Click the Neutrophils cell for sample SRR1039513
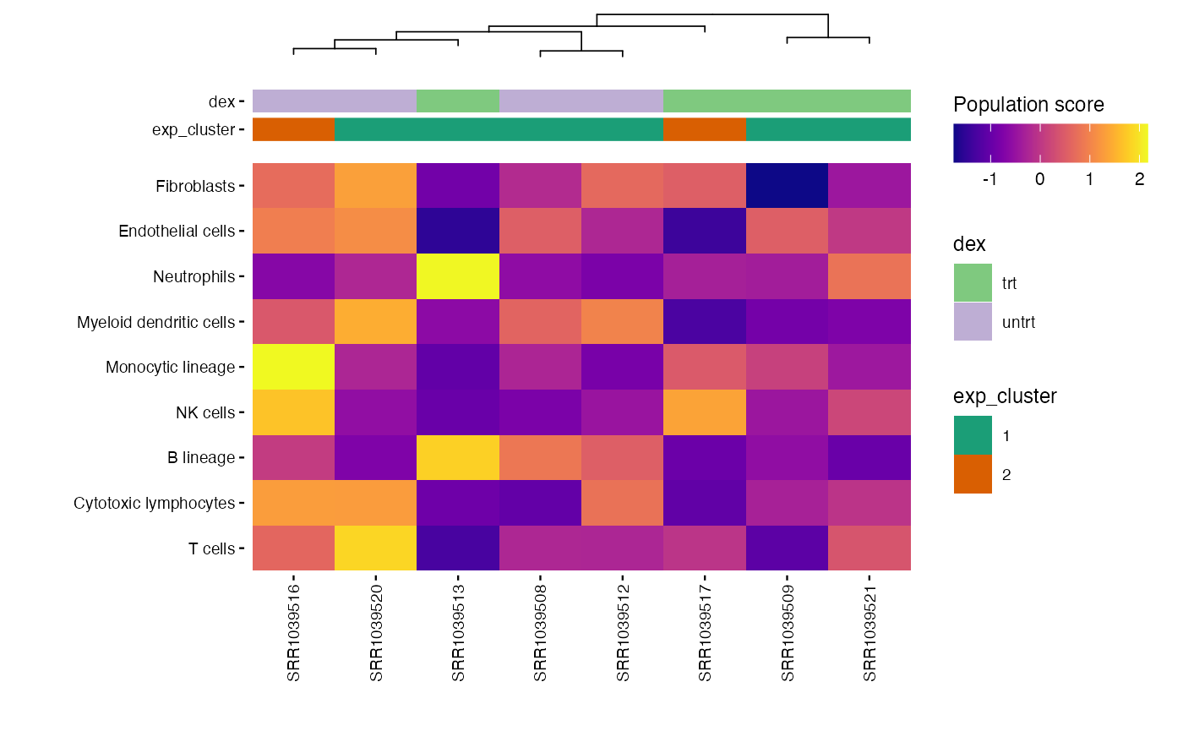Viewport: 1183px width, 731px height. [x=458, y=276]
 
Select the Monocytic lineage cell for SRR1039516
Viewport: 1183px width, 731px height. [x=293, y=367]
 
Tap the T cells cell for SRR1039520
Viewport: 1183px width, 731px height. [x=376, y=548]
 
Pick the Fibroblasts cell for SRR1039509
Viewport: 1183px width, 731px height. [x=788, y=186]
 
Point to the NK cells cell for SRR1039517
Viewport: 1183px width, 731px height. [x=705, y=412]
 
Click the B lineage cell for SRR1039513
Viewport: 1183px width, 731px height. [x=458, y=457]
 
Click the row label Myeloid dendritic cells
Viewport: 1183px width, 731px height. [x=155, y=322]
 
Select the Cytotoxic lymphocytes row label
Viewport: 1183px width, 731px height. [x=154, y=503]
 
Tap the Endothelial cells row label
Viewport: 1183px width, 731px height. [x=177, y=232]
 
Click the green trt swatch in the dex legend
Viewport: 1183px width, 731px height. [x=973, y=282]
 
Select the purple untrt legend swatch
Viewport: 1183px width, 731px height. [x=973, y=322]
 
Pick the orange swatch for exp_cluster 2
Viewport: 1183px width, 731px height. [x=973, y=474]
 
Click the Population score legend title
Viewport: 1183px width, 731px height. [x=1028, y=105]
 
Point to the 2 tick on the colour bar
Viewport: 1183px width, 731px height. [x=1139, y=179]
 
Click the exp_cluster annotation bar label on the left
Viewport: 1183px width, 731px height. [x=193, y=129]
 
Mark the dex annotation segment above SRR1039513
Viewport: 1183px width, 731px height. [x=458, y=101]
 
